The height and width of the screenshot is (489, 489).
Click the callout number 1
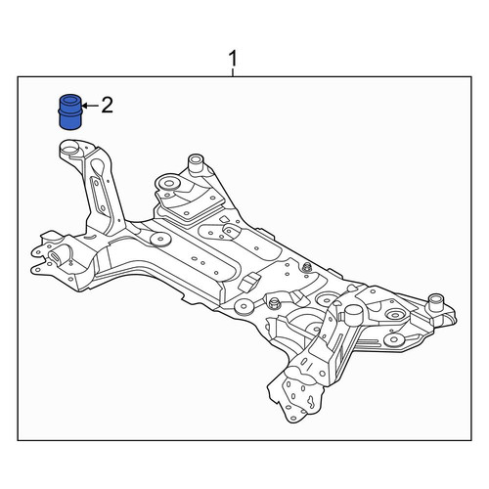(x=233, y=59)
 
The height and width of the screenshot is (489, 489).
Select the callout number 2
(x=107, y=106)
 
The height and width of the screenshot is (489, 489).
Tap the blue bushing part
(x=69, y=111)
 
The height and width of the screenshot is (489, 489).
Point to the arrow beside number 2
(x=90, y=106)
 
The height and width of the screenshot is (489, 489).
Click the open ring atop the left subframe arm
(x=71, y=148)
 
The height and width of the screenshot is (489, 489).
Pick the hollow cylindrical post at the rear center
(x=196, y=163)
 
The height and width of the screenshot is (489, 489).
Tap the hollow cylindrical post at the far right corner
(x=437, y=302)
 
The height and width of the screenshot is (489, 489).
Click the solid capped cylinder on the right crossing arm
(x=354, y=315)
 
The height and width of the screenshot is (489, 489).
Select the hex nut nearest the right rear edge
(x=306, y=268)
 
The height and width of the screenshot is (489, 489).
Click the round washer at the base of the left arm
(x=160, y=240)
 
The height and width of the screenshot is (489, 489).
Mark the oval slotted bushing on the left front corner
(x=56, y=256)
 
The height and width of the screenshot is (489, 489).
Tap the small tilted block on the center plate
(x=248, y=282)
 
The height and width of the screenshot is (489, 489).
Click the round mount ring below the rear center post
(x=169, y=184)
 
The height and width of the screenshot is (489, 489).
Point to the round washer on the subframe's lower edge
(x=244, y=307)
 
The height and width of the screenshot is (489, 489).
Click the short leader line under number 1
(x=233, y=72)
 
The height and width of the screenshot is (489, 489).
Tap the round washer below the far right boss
(x=395, y=339)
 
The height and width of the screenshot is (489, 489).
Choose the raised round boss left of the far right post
(x=395, y=315)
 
